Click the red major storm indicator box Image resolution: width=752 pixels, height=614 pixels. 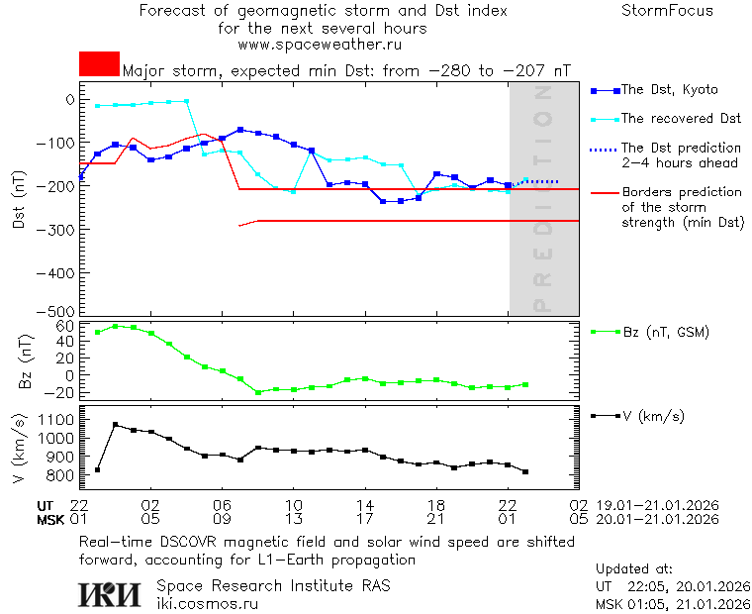coord(99,64)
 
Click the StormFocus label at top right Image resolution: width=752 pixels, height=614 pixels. coord(667,11)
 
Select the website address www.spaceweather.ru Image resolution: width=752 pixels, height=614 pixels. coord(320,45)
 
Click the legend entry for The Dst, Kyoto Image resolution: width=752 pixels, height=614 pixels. coord(669,90)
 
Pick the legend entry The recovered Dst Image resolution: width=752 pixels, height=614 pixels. coord(681,119)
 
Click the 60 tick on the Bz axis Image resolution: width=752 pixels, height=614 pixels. coord(65,326)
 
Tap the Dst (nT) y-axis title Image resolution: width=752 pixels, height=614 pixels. coord(19,205)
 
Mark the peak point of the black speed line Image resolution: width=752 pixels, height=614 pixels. coord(116,424)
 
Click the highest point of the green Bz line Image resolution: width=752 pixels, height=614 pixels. coord(116,326)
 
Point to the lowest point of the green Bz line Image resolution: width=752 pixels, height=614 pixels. coord(258,392)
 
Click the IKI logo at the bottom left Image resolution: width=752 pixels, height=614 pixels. coord(109,593)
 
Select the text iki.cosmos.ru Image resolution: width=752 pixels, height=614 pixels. coord(207,602)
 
